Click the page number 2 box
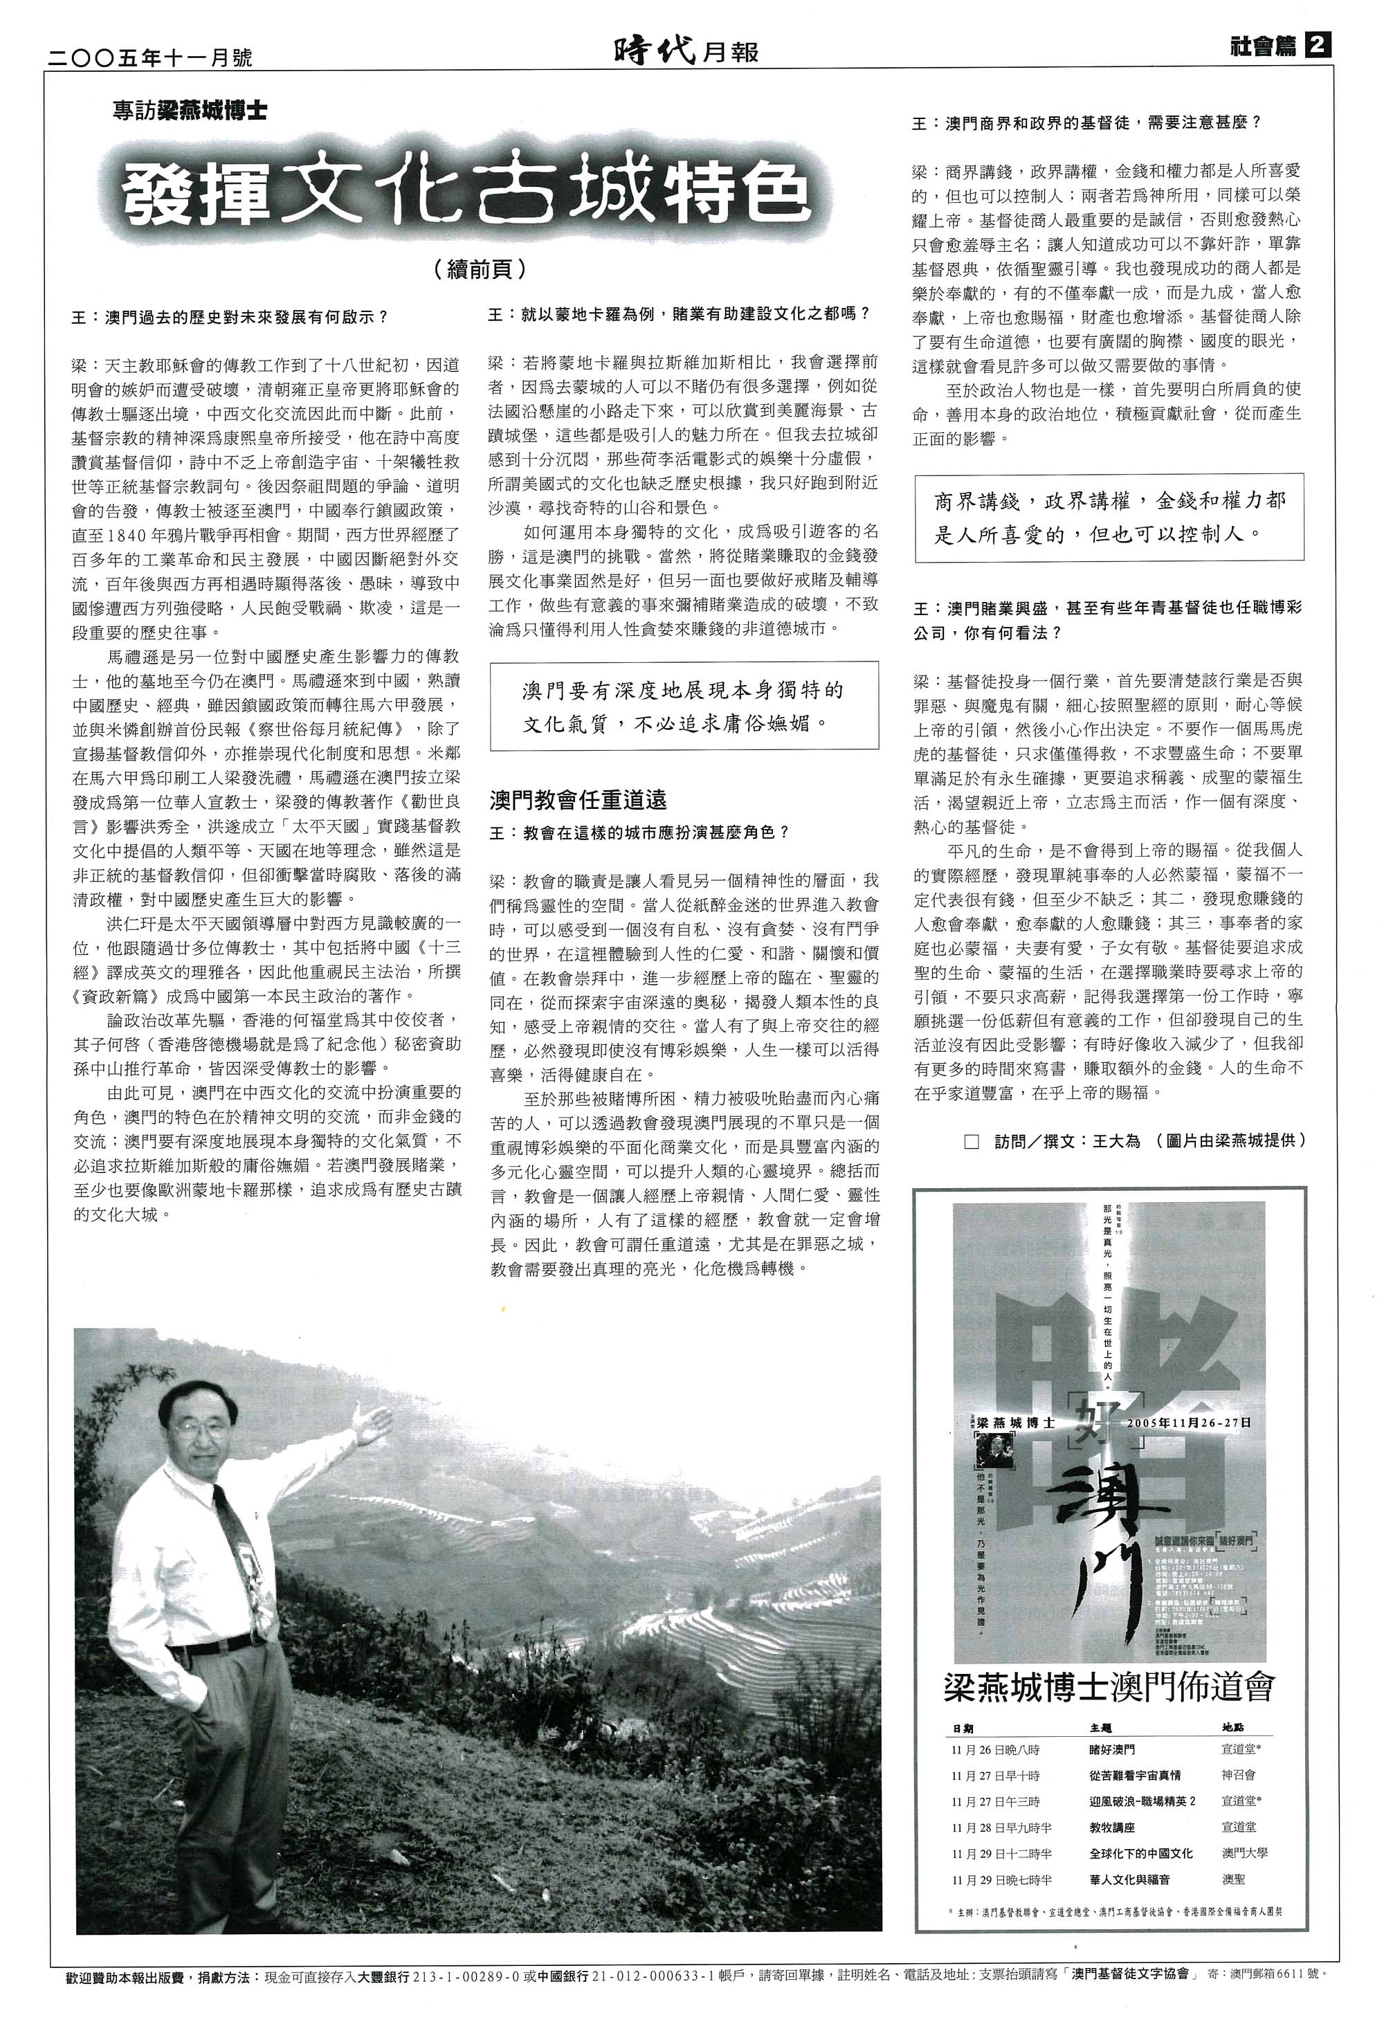[1318, 46]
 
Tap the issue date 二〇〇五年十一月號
[149, 57]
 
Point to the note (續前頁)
[480, 270]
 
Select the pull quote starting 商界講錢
[1109, 517]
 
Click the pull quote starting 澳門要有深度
[683, 706]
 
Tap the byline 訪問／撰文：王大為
[1066, 1140]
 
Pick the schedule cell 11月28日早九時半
[1001, 1827]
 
